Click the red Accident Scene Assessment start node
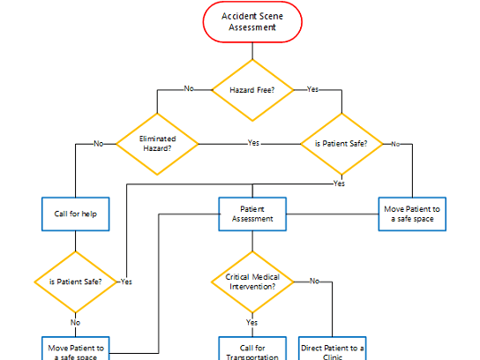tap(252, 22)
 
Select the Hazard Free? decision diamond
tap(252, 90)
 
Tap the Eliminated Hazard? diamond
tap(158, 143)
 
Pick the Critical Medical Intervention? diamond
tap(251, 281)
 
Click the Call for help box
tap(75, 214)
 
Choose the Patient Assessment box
tap(251, 214)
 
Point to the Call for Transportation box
tap(251, 349)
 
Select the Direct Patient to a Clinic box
tap(333, 349)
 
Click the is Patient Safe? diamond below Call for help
tap(75, 282)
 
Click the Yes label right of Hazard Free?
tap(312, 89)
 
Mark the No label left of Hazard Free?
tap(189, 89)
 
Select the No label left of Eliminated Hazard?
tap(99, 143)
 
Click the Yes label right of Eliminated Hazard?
tap(253, 143)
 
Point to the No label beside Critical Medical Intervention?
tap(314, 281)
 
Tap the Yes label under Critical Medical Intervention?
tap(251, 323)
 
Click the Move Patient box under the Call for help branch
tap(75, 349)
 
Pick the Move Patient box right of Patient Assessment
tap(412, 214)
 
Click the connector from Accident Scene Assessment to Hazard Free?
tap(252, 50)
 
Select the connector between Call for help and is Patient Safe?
tap(75, 242)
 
